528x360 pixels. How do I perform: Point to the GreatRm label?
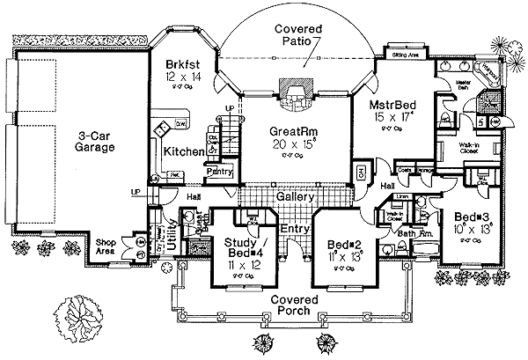(287, 131)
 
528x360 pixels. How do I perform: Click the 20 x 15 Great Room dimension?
(287, 145)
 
